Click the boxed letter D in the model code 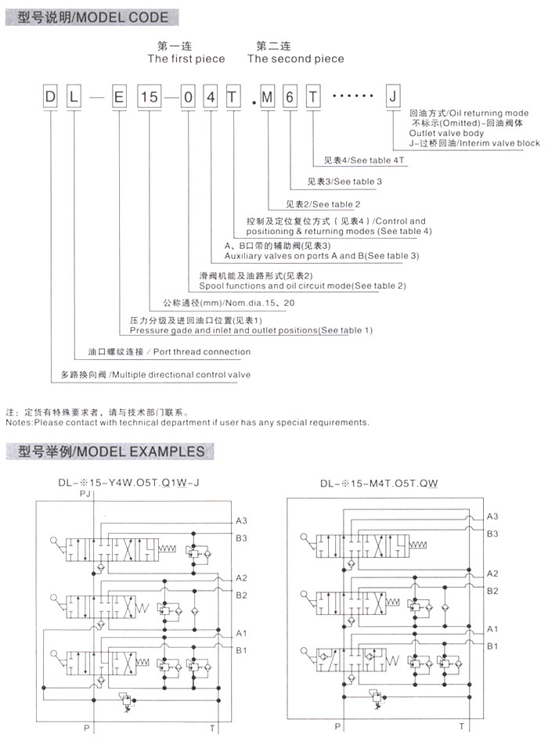click(x=51, y=99)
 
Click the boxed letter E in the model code click(x=118, y=99)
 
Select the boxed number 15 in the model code click(x=150, y=99)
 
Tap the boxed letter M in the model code click(x=269, y=99)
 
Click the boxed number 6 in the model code click(x=290, y=99)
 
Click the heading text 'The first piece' click(x=186, y=59)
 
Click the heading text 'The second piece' click(x=295, y=59)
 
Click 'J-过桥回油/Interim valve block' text click(x=474, y=143)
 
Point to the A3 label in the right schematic click(x=492, y=516)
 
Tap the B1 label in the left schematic click(x=242, y=649)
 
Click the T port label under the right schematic click(x=461, y=727)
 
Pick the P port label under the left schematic click(x=86, y=728)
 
